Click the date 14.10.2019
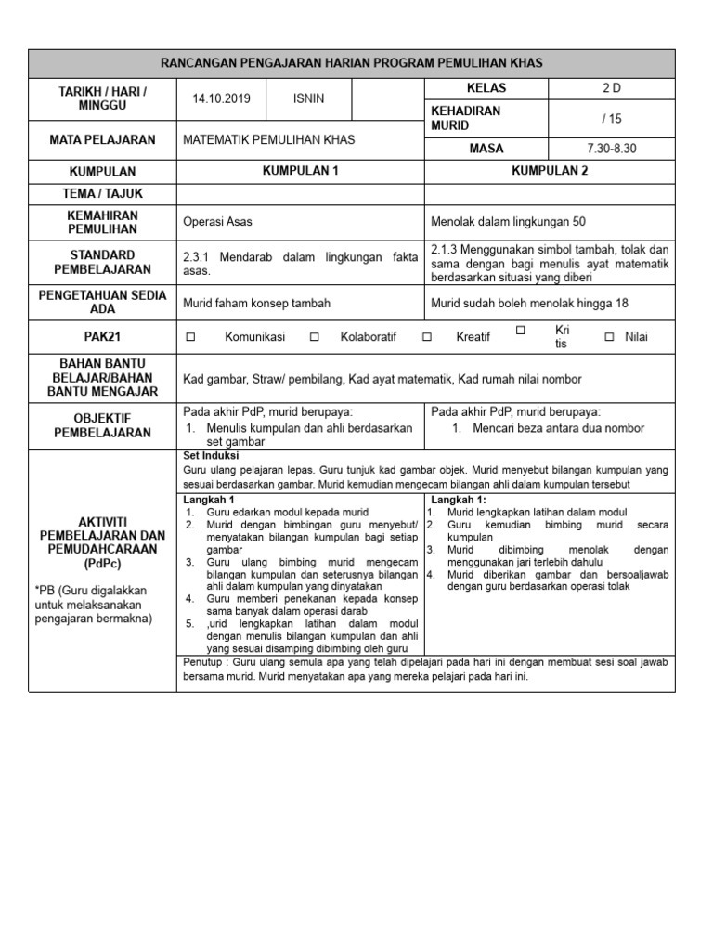click(x=221, y=98)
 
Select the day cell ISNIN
click(x=309, y=98)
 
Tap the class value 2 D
click(x=612, y=88)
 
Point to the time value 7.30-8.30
click(x=612, y=149)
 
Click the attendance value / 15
click(x=612, y=118)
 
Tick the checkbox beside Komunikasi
click(x=190, y=337)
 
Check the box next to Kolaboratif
click(x=314, y=337)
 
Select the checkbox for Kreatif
click(x=427, y=337)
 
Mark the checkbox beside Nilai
click(x=609, y=337)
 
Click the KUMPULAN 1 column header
click(x=300, y=172)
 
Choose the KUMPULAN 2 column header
click(x=550, y=172)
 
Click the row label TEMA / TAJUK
click(x=102, y=194)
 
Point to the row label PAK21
click(x=102, y=337)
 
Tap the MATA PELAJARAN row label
click(x=102, y=140)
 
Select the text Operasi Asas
click(x=218, y=222)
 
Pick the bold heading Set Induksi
click(x=212, y=457)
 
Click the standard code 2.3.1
click(x=200, y=257)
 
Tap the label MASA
click(x=486, y=149)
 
